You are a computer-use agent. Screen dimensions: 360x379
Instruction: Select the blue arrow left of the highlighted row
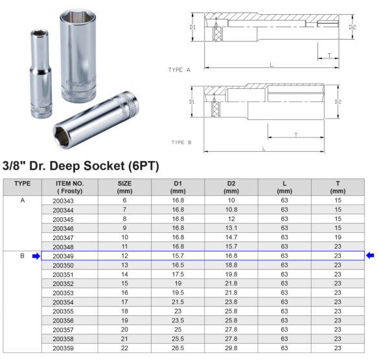[x=36, y=256]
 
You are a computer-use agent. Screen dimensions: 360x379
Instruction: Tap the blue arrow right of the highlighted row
[x=370, y=256]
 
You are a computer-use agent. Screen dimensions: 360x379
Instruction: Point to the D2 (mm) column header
[x=231, y=187]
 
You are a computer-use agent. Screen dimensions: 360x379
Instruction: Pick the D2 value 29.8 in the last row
[x=231, y=348]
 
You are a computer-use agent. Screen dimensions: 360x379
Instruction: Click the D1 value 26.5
[x=178, y=348]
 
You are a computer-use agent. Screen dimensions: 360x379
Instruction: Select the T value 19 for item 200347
[x=337, y=238]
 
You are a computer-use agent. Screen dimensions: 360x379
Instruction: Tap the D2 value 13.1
[x=231, y=229]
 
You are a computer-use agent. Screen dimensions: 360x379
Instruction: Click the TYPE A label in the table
[x=23, y=201]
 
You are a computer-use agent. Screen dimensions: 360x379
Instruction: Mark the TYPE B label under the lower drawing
[x=181, y=142]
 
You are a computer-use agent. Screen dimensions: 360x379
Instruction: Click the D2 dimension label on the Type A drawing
[x=352, y=27]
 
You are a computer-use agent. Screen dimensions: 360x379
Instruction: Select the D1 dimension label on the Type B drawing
[x=192, y=102]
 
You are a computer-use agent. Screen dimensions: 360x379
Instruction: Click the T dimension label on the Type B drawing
[x=295, y=134]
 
